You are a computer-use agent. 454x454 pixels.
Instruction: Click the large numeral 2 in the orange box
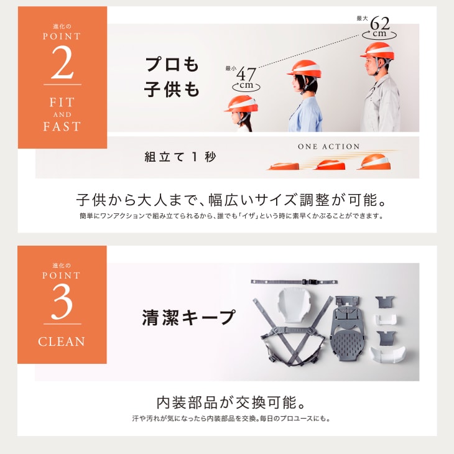(62, 62)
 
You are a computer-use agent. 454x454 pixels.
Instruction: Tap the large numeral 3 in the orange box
(62, 302)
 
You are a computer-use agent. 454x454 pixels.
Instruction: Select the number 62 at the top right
(379, 23)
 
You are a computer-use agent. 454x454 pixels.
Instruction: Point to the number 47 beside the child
(246, 74)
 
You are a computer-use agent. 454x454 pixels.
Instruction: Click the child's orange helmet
(241, 104)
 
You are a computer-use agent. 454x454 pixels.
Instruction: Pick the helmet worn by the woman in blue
(305, 69)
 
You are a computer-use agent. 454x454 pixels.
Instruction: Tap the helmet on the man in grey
(378, 51)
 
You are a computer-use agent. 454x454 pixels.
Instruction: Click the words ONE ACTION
(328, 147)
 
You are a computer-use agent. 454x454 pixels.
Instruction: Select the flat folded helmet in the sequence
(284, 166)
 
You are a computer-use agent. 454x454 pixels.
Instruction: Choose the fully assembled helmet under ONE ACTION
(375, 162)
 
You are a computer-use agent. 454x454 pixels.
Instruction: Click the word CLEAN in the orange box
(62, 341)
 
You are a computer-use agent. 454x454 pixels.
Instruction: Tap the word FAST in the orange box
(62, 126)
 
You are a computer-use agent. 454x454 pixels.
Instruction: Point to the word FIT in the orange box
(62, 102)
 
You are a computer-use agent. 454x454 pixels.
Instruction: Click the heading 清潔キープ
(188, 317)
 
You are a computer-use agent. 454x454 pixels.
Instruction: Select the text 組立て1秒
(180, 157)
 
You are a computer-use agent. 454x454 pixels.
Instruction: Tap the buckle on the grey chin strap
(308, 282)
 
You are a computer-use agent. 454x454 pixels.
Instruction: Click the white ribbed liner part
(294, 305)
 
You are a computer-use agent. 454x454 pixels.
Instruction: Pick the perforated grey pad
(348, 346)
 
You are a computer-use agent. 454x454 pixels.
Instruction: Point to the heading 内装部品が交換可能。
(231, 402)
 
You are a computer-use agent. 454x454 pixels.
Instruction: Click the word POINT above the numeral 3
(62, 276)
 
